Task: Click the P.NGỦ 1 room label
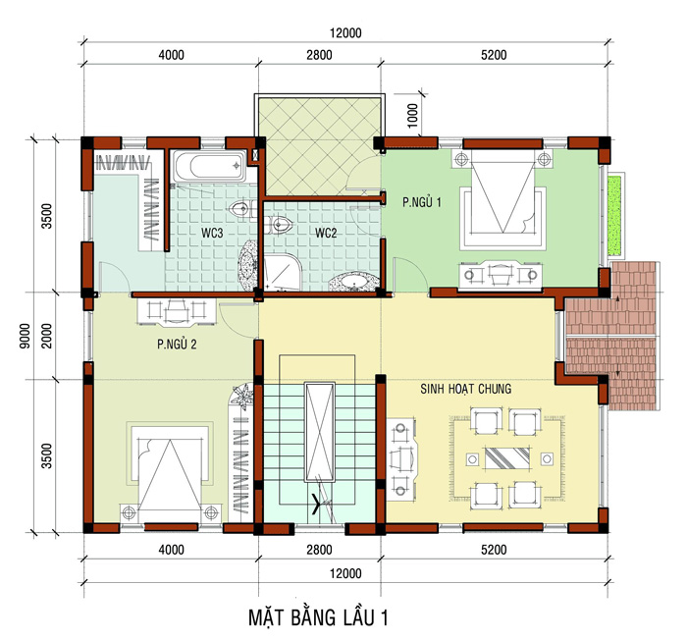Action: [421, 202]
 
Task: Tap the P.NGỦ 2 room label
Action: [177, 345]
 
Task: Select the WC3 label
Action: [212, 234]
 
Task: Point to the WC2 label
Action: [326, 233]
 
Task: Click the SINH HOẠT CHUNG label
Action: [466, 389]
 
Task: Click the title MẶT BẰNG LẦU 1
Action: [318, 617]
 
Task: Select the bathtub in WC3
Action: [210, 166]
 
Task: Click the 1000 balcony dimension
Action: [413, 115]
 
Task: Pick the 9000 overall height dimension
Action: [25, 336]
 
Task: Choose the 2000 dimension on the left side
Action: [46, 336]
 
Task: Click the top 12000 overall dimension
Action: [345, 32]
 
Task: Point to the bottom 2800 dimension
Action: [319, 550]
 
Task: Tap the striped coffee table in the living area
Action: [507, 457]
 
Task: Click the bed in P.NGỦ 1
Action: [502, 199]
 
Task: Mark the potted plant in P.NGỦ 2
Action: [242, 396]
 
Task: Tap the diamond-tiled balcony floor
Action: [319, 146]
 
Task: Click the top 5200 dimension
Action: [494, 55]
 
